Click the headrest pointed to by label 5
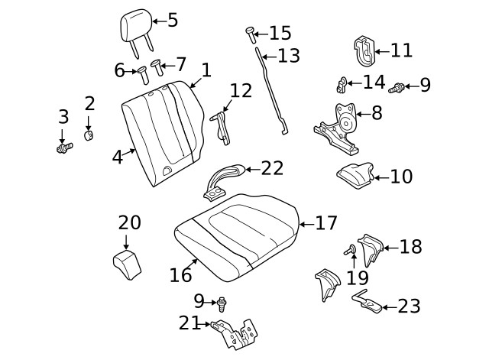[132, 28]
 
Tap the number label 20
[129, 222]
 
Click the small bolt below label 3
[64, 146]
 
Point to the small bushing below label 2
[89, 135]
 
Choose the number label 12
[241, 91]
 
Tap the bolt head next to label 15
[250, 32]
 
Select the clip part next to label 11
[366, 50]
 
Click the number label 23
[409, 306]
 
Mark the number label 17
[326, 223]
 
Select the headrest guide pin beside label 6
[143, 73]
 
